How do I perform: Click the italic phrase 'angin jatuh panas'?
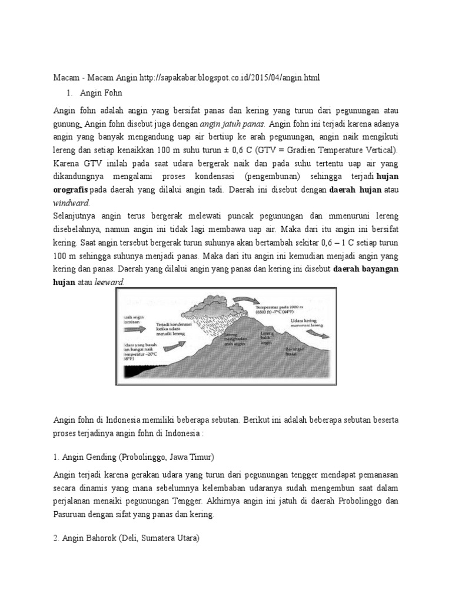click(232, 124)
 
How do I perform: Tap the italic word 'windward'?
click(71, 202)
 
